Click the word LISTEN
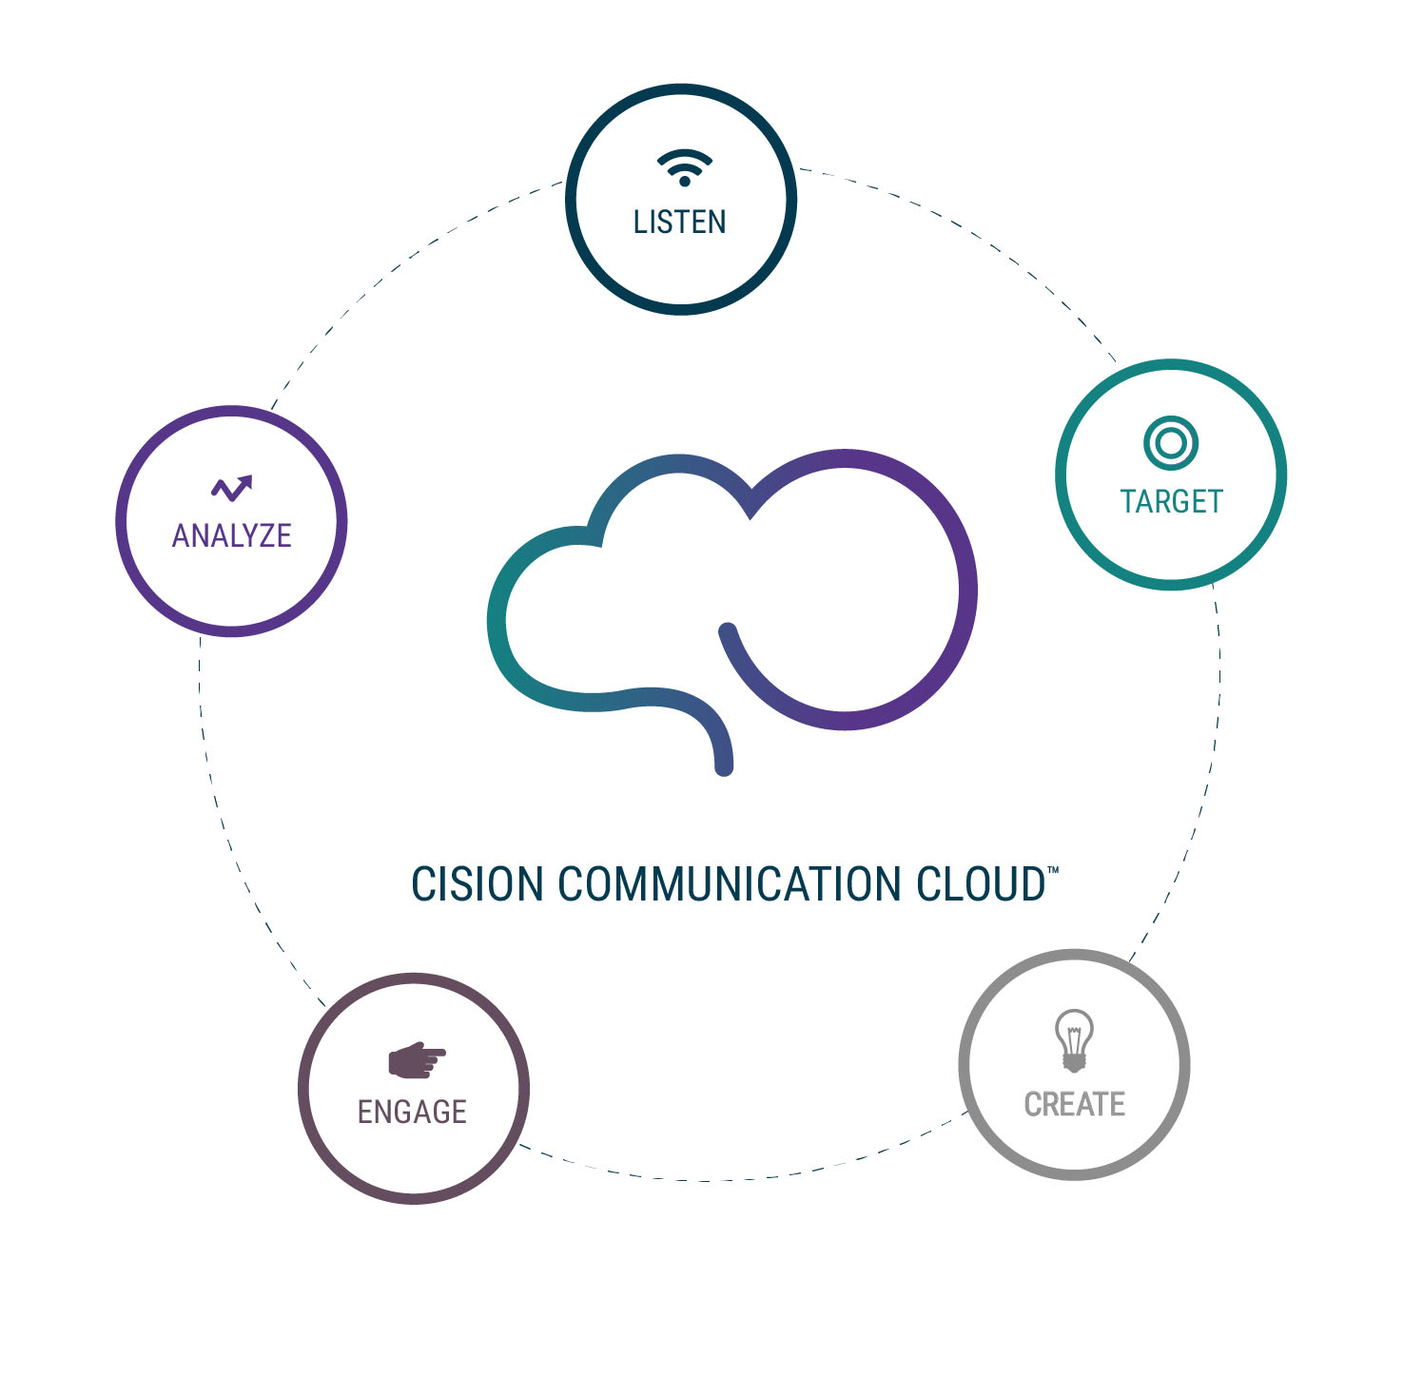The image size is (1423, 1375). point(679,223)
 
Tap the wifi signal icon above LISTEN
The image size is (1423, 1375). point(684,167)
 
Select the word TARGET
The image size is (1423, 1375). point(1171,501)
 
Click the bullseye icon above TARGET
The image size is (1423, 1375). point(1170,442)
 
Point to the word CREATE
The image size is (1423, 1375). point(1074,1104)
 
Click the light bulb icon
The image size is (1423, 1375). point(1074,1039)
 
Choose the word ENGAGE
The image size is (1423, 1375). point(412,1112)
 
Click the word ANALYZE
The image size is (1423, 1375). point(231,535)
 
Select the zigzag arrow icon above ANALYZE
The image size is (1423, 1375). point(231,488)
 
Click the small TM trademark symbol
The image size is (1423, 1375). point(1052,869)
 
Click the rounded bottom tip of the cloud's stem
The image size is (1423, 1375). point(724,765)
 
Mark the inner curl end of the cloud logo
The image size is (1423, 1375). point(729,630)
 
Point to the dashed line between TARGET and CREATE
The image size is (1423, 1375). point(1200,808)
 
